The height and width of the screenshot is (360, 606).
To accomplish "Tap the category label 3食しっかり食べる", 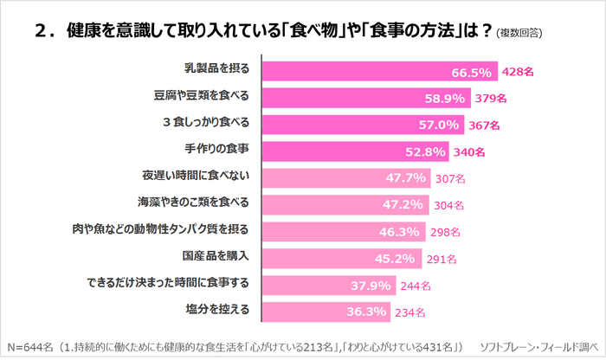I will tap(200, 124).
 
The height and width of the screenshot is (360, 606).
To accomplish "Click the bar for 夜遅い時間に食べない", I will tap(338, 178).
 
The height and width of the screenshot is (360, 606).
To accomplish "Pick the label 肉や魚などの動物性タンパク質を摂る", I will tap(161, 231).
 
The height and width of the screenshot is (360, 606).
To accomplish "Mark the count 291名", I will tap(442, 258).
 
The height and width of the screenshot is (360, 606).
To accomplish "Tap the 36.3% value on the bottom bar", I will tap(367, 312).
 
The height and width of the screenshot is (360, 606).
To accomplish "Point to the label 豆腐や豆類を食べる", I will tap(200, 97).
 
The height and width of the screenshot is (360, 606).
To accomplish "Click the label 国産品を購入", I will tap(216, 256).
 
